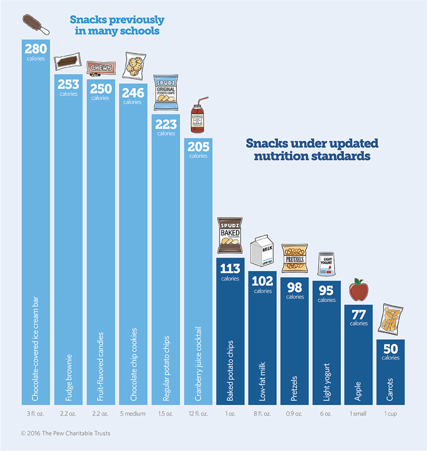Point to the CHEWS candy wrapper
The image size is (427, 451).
click(x=100, y=69)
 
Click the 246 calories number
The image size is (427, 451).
click(x=132, y=93)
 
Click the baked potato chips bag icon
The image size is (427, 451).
click(x=230, y=235)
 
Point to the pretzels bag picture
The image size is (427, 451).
click(x=295, y=258)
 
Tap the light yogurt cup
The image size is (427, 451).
click(x=327, y=264)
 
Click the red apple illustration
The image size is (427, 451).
click(x=358, y=289)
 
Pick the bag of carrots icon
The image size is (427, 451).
click(x=391, y=321)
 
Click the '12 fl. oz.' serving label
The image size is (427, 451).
click(x=198, y=413)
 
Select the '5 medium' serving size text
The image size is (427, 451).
click(x=132, y=413)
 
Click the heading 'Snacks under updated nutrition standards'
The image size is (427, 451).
click(x=311, y=149)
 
